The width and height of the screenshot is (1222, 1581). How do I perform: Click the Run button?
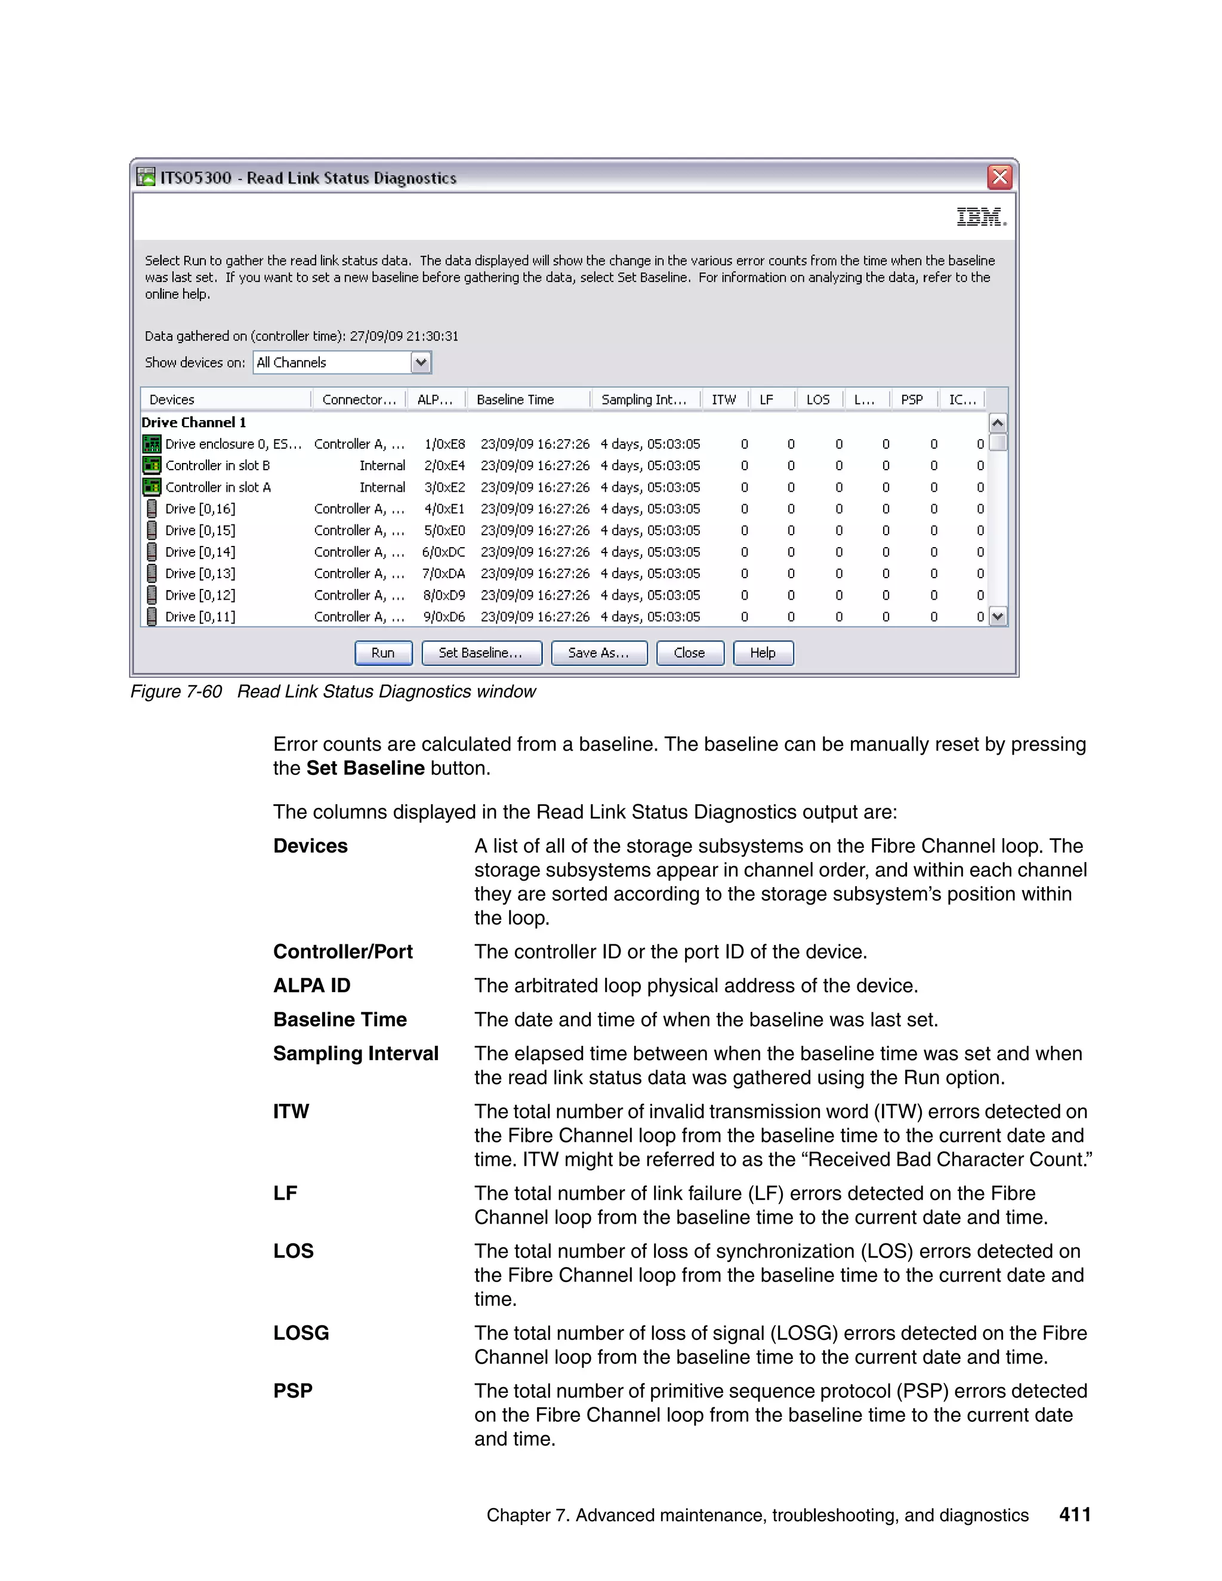click(x=383, y=652)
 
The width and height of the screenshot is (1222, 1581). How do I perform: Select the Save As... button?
click(x=598, y=652)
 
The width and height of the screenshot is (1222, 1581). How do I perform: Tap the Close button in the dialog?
click(x=689, y=652)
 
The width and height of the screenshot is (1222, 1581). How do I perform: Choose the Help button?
click(x=763, y=652)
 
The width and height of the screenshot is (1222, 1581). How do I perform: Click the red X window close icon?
click(x=1000, y=177)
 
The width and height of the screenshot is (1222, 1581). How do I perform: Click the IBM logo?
click(x=981, y=217)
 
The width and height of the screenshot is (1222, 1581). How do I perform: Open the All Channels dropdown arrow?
click(x=421, y=362)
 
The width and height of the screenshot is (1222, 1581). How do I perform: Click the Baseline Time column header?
click(x=516, y=400)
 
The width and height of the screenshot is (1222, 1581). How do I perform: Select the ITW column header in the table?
click(x=723, y=400)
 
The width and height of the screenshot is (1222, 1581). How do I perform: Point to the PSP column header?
click(x=912, y=400)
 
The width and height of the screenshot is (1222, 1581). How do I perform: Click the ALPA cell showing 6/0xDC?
click(x=444, y=552)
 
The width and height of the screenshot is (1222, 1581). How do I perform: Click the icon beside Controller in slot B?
click(x=152, y=465)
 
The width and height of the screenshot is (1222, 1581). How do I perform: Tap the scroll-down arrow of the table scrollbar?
click(x=998, y=617)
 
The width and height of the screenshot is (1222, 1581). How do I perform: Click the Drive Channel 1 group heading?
click(x=194, y=422)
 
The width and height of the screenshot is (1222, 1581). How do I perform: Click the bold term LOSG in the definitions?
click(x=301, y=1333)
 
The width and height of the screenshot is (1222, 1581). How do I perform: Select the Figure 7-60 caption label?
click(x=176, y=691)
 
